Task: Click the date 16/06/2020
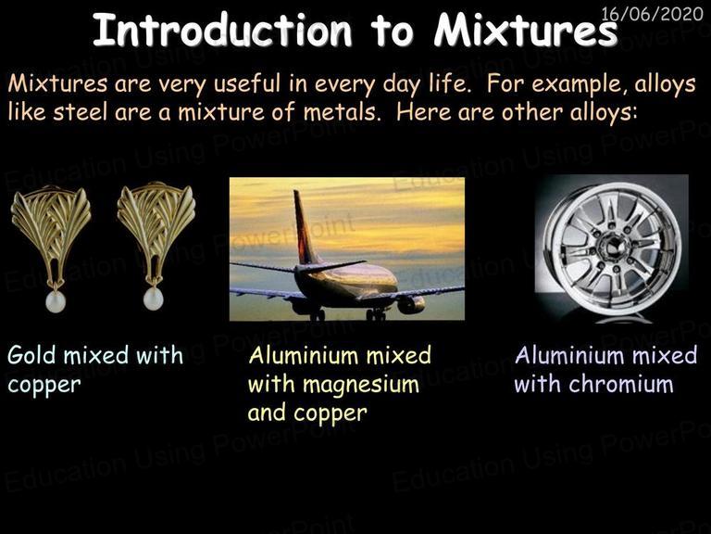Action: [x=652, y=14]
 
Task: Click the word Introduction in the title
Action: [x=222, y=30]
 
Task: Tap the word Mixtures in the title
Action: [x=526, y=30]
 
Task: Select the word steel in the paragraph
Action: [x=81, y=111]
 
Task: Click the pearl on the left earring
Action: [x=56, y=301]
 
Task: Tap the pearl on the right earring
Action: [x=153, y=299]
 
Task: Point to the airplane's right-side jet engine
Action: [x=411, y=304]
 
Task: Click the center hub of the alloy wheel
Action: [x=613, y=246]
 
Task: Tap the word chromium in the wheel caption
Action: [x=621, y=384]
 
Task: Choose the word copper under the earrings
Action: [x=44, y=386]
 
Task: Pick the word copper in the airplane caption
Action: [x=331, y=414]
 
